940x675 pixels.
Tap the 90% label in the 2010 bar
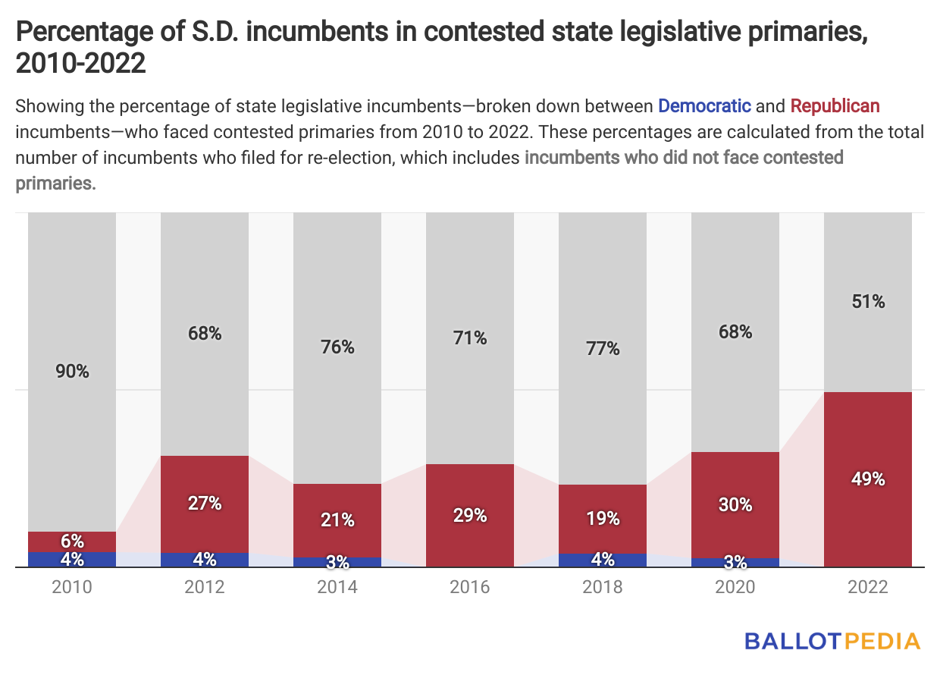[72, 372]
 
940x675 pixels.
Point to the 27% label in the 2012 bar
[205, 503]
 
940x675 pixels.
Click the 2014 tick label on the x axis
[337, 587]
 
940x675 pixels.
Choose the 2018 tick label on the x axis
[603, 587]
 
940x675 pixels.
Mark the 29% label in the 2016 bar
[470, 516]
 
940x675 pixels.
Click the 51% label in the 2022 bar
[868, 301]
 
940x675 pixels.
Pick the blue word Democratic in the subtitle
[704, 105]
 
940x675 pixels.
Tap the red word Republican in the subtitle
[835, 105]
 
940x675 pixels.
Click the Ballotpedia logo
[832, 641]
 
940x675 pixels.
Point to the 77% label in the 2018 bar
[603, 349]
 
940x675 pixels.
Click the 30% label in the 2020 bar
[735, 504]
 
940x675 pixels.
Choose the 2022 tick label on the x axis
[868, 587]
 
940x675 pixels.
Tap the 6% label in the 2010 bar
[72, 542]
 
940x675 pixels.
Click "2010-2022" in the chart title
[80, 64]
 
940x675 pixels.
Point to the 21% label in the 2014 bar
[337, 520]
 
